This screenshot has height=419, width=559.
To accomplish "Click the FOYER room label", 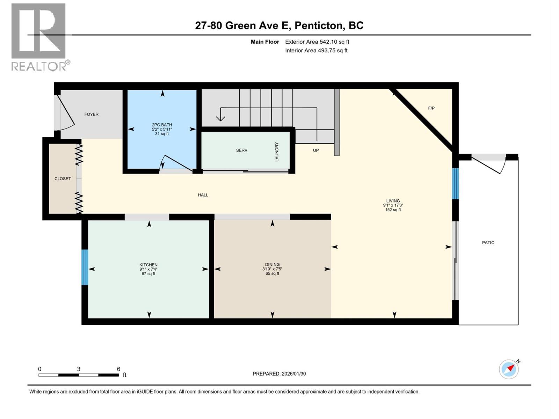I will click(x=91, y=114).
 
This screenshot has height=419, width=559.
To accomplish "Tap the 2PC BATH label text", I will click(x=162, y=125).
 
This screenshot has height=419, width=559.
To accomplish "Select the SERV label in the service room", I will click(x=241, y=150).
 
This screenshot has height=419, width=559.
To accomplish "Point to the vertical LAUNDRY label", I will click(x=277, y=152).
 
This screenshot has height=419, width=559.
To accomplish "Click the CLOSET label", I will click(x=63, y=178).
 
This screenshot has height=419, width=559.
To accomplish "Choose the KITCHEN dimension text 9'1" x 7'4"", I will click(x=148, y=269).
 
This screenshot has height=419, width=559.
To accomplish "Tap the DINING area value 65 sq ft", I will click(x=272, y=273).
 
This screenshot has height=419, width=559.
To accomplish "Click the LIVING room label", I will click(x=393, y=201).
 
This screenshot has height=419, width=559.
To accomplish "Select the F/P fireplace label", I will click(x=431, y=108).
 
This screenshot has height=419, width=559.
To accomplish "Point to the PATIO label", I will click(x=488, y=242).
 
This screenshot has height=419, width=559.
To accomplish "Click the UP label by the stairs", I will click(x=315, y=150).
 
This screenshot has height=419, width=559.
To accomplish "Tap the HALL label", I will click(x=203, y=195).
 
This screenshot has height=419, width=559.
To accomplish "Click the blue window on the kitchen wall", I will click(x=85, y=267).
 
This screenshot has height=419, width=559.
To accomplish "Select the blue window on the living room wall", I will click(x=455, y=184).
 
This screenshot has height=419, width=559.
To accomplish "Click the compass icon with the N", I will click(x=509, y=369).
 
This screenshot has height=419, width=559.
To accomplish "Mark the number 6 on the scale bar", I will click(x=118, y=369).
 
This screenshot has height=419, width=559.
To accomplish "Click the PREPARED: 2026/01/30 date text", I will click(x=279, y=374).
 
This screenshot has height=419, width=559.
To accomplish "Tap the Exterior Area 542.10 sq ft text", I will click(x=317, y=42).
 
